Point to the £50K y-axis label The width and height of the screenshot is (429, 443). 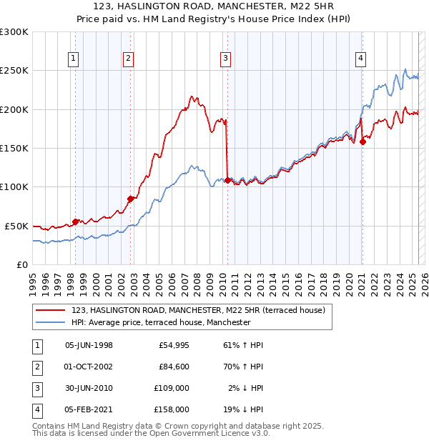pos(16,226)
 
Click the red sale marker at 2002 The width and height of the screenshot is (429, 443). pos(131,199)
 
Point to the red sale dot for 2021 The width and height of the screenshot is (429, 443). pos(363,141)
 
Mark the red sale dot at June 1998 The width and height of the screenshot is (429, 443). pos(76,221)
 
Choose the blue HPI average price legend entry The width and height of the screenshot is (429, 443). pos(161,322)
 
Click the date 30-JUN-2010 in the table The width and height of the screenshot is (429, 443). pos(89,388)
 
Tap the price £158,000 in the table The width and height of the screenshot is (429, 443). pos(172,409)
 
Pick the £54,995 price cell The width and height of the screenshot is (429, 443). pos(174,345)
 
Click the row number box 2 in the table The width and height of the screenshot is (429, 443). pos(36,367)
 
